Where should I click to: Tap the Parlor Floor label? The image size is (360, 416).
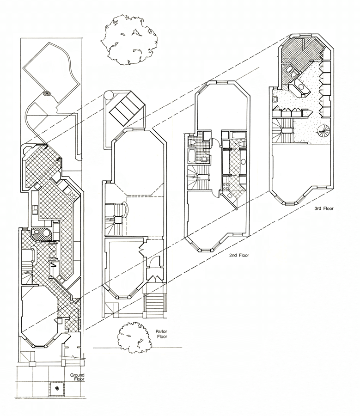click(x=151, y=334)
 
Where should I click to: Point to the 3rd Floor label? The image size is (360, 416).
click(x=323, y=208)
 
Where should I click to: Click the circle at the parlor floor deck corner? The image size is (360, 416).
click(x=108, y=95)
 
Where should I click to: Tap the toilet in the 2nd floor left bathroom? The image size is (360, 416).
click(x=203, y=160)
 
